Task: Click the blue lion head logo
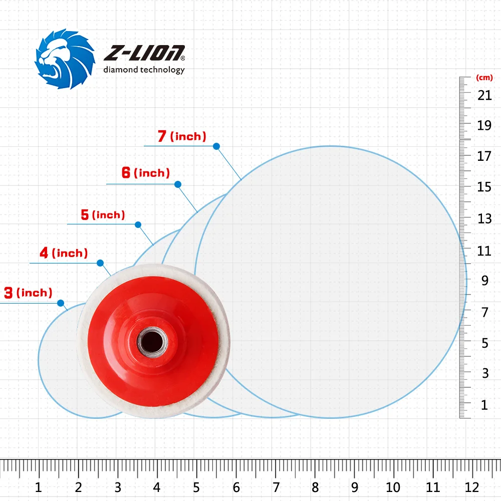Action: [65, 59]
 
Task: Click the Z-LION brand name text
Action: [144, 53]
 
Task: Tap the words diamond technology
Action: [144, 70]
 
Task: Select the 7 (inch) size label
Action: [182, 136]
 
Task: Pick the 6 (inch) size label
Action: [146, 173]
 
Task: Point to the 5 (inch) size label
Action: [103, 215]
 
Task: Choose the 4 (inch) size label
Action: [64, 253]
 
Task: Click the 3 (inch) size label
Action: [28, 293]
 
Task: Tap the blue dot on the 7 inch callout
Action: [216, 146]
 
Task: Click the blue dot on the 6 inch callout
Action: [178, 184]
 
